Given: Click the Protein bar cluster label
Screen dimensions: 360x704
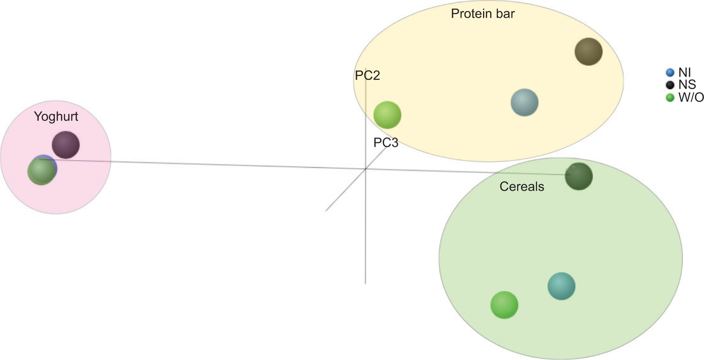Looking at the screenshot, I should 482,14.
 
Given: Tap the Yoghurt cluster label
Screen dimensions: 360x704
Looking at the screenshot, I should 56,116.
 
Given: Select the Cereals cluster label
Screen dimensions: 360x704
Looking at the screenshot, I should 521,186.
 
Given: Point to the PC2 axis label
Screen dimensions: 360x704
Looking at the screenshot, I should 367,75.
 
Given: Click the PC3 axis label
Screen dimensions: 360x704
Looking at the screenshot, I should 385,143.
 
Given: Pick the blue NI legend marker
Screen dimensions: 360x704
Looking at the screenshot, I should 670,72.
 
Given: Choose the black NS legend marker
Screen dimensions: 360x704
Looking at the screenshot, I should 670,85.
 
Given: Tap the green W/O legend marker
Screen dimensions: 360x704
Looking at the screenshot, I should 670,97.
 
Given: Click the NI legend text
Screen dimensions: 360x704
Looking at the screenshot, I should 684,72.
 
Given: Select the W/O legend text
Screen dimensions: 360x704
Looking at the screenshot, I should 691,97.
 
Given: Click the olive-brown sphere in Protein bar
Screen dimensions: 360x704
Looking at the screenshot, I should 588,52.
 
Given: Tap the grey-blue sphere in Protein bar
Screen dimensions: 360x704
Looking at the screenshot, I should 524,103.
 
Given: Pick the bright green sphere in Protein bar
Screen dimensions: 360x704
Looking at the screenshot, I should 387,115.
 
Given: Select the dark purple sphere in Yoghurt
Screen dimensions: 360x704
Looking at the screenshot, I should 66,145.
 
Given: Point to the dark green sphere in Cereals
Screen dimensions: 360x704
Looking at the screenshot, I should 578,177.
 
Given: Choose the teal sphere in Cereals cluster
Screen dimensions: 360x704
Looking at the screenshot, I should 561,286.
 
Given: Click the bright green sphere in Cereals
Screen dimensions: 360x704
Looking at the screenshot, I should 504,305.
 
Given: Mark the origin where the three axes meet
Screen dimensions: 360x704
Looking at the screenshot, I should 366,169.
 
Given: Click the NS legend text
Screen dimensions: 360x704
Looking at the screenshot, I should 687,85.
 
